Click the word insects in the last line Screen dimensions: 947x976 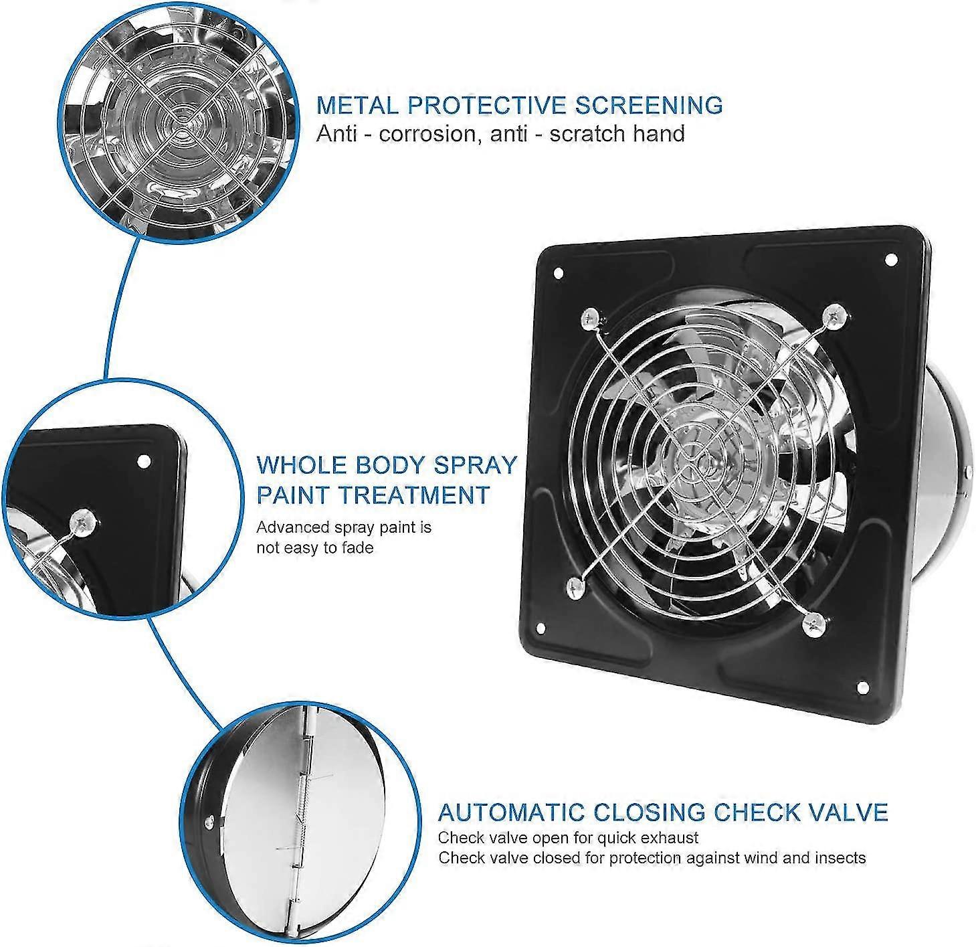click(842, 857)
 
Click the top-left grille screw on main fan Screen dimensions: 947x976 click(590, 319)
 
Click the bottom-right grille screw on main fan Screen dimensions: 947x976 click(812, 619)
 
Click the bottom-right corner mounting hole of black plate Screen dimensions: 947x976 click(862, 687)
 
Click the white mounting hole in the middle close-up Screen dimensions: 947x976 click(142, 461)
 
